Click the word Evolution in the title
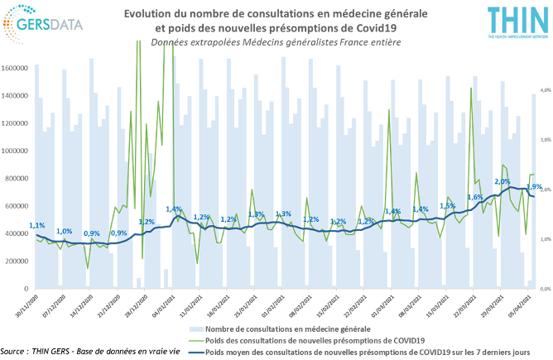coord(151,13)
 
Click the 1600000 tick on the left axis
coord(16,68)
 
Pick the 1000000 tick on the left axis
coord(16,151)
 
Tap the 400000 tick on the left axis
coord(17,233)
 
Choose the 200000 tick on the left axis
coord(17,261)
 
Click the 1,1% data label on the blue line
coord(36,225)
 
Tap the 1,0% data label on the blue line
coord(64,231)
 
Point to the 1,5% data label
coord(448,205)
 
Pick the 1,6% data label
coord(475,197)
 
